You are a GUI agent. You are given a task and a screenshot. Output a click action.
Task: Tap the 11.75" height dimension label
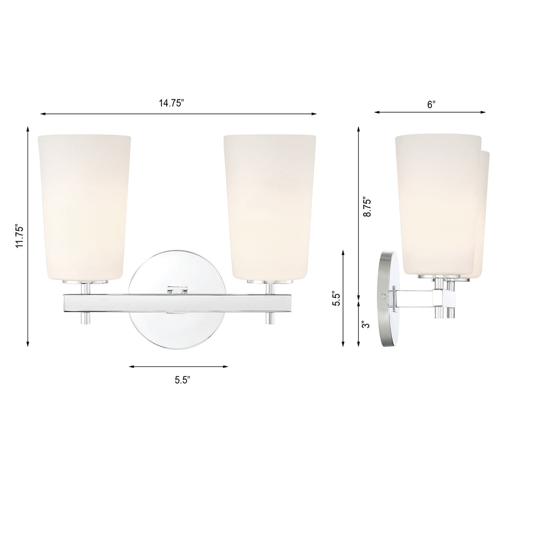[x=20, y=236]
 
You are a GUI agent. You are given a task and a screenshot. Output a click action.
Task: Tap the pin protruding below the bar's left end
[x=85, y=318]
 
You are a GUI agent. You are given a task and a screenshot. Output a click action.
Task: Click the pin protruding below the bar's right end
[x=270, y=318]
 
